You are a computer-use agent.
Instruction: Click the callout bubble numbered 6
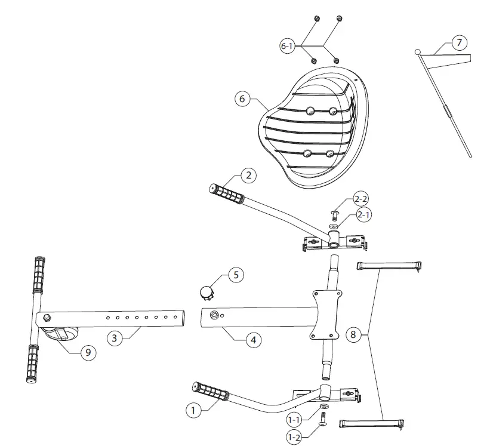click(242, 99)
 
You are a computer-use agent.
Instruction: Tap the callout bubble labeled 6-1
click(288, 46)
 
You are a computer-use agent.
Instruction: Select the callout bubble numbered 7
click(458, 42)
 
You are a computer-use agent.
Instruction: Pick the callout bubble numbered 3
click(116, 338)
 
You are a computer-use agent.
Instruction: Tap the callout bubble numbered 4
click(253, 340)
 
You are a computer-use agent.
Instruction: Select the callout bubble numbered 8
click(353, 335)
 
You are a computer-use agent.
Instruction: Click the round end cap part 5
click(207, 292)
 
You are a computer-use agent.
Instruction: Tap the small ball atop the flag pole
click(418, 53)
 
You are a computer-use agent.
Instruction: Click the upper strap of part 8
click(390, 265)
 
